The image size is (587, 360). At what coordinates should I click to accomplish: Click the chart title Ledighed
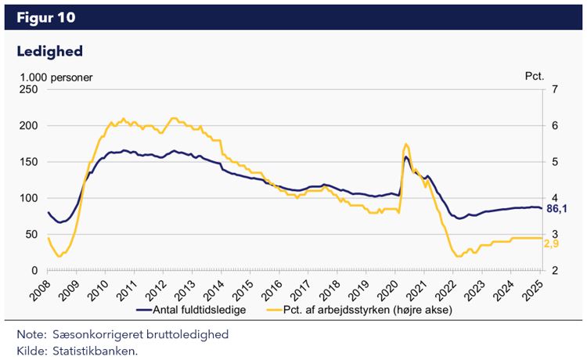(x=49, y=51)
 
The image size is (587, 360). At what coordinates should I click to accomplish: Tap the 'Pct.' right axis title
(x=534, y=77)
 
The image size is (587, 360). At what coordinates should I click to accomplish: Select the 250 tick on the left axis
(x=29, y=89)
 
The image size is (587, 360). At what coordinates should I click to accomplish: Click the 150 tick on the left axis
(x=29, y=162)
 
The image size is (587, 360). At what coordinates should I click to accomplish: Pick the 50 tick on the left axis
(x=32, y=234)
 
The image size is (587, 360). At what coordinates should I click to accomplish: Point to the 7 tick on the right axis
(x=555, y=89)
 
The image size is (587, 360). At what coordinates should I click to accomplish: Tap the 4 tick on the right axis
(x=555, y=198)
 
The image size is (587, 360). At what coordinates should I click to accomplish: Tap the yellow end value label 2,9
(x=553, y=244)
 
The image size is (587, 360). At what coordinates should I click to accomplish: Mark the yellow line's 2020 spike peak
(x=405, y=145)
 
